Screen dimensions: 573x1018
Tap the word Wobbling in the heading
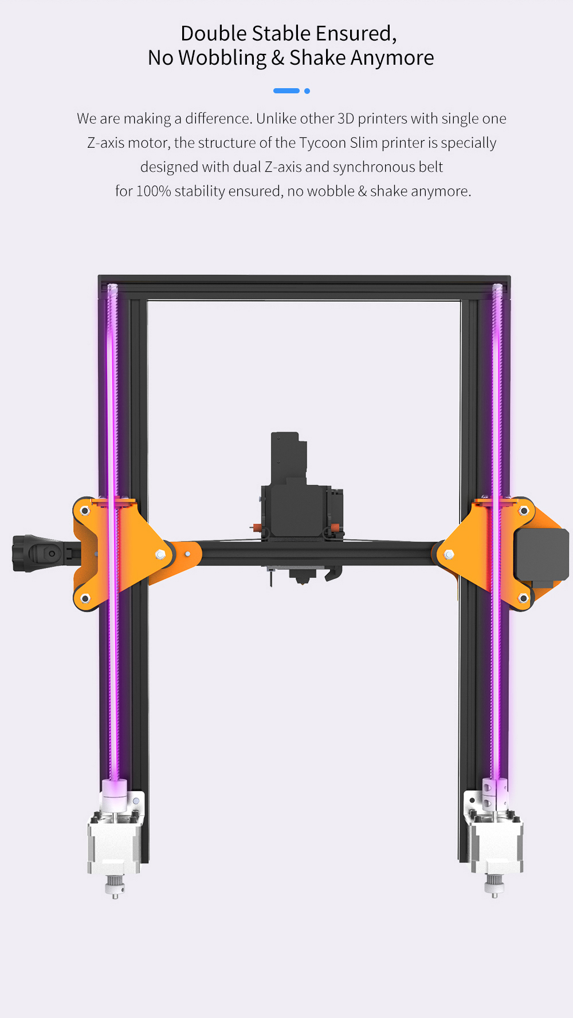[x=222, y=58]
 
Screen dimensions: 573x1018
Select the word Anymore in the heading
[x=393, y=58]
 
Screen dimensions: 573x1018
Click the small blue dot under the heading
[x=307, y=91]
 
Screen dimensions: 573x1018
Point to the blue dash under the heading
[x=286, y=91]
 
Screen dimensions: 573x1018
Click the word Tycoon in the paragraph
[x=323, y=143]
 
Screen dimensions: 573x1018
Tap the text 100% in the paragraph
[x=154, y=191]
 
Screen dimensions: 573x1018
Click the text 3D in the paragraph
[x=346, y=119]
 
